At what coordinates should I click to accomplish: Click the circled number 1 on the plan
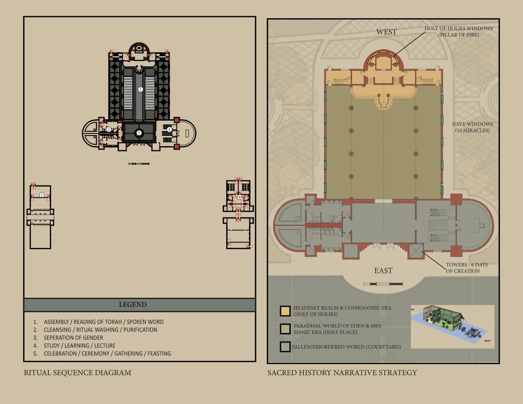pos(140,90)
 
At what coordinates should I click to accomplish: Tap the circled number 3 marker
pos(139,133)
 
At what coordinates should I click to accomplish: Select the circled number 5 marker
pos(41,195)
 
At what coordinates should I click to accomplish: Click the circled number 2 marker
pos(109,130)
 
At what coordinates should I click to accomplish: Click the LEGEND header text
pos(133,304)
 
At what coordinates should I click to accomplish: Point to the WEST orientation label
pos(386,32)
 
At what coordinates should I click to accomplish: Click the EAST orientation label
pos(383,271)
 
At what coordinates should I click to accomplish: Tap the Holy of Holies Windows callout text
pos(458,32)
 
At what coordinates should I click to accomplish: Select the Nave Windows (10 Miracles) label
pos(472,127)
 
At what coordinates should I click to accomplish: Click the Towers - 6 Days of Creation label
pos(467,268)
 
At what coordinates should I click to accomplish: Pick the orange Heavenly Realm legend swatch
pos(285,311)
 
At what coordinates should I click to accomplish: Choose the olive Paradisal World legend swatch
pos(285,329)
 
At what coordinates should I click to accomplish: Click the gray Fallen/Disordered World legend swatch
pos(285,347)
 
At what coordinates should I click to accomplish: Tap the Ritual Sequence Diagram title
pos(78,373)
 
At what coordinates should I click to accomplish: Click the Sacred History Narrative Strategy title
pos(342,373)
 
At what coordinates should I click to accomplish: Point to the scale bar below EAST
pos(383,284)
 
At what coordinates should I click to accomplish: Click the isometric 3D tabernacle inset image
pos(452,327)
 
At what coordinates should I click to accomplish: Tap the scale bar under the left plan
pos(139,164)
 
